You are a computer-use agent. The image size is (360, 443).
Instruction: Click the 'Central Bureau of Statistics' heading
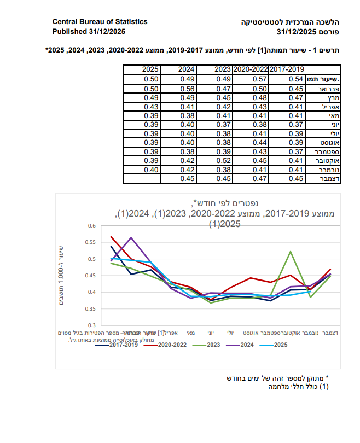click(x=100, y=22)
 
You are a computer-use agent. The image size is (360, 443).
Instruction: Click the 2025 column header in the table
click(x=150, y=69)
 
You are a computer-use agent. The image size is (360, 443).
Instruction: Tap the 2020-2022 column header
click(x=249, y=69)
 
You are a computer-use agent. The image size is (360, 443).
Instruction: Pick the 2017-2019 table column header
click(x=287, y=69)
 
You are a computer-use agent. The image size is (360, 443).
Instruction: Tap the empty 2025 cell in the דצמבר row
click(x=142, y=178)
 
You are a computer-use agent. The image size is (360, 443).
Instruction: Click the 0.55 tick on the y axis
click(x=91, y=242)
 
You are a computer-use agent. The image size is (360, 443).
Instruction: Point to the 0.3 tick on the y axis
click(x=92, y=325)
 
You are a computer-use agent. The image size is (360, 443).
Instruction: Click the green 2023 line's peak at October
click(x=289, y=252)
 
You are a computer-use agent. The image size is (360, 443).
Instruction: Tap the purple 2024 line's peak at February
click(x=131, y=237)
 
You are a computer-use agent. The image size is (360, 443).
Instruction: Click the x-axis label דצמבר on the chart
click(x=329, y=332)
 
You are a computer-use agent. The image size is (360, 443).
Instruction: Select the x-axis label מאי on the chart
click(x=190, y=332)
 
